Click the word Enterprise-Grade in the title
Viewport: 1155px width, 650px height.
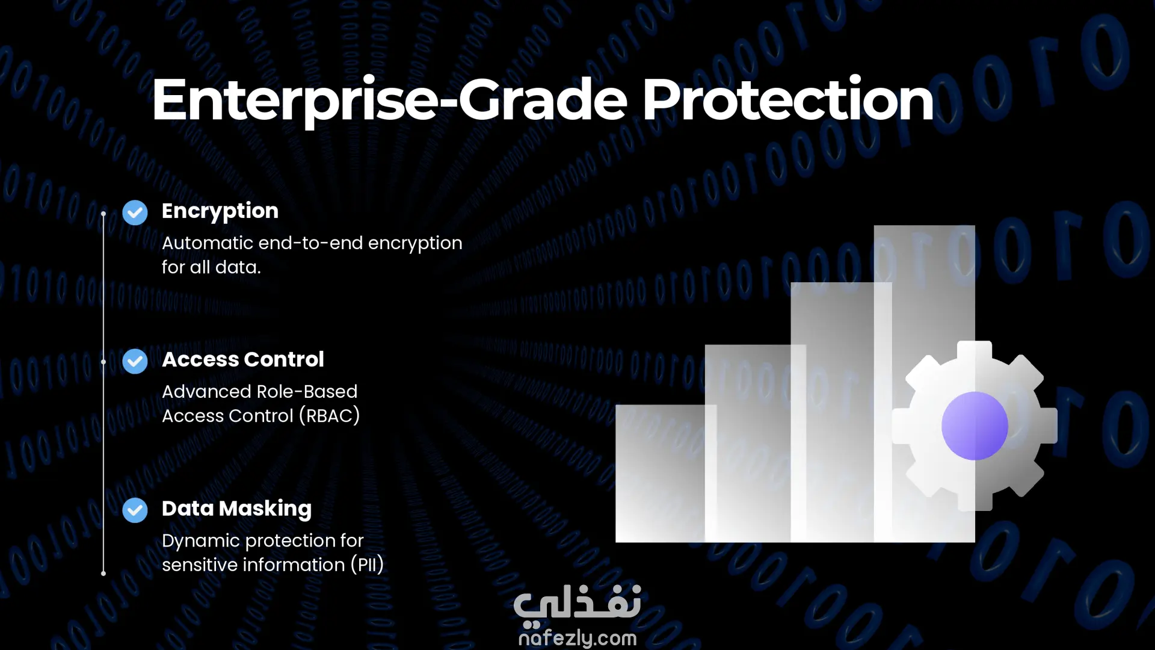click(390, 101)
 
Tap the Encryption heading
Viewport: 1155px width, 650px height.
click(220, 212)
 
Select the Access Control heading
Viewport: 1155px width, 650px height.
click(243, 359)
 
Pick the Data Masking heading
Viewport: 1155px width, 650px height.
click(236, 509)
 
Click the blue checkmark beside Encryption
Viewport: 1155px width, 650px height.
click(135, 212)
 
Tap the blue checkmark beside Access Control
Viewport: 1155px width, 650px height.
click(135, 361)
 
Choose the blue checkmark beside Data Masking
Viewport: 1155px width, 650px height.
click(135, 510)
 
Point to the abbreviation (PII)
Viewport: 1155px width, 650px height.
click(367, 565)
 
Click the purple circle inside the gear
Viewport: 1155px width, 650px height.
click(975, 426)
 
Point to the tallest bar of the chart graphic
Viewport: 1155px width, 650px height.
click(924, 383)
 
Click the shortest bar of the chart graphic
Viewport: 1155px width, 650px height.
click(666, 473)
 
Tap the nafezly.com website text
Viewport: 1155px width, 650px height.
click(577, 638)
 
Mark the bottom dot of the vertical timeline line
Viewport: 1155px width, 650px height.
click(103, 574)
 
